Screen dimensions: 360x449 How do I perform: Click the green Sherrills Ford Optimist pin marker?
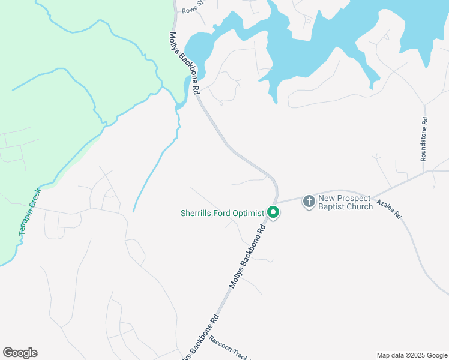coord(273,212)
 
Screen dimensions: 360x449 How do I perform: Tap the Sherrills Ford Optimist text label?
coord(223,212)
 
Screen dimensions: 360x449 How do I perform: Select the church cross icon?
coord(309,201)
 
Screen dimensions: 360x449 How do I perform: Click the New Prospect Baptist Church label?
coord(345,202)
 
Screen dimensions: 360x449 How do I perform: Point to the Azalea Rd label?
coord(388,208)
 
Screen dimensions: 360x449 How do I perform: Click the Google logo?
coord(20,353)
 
